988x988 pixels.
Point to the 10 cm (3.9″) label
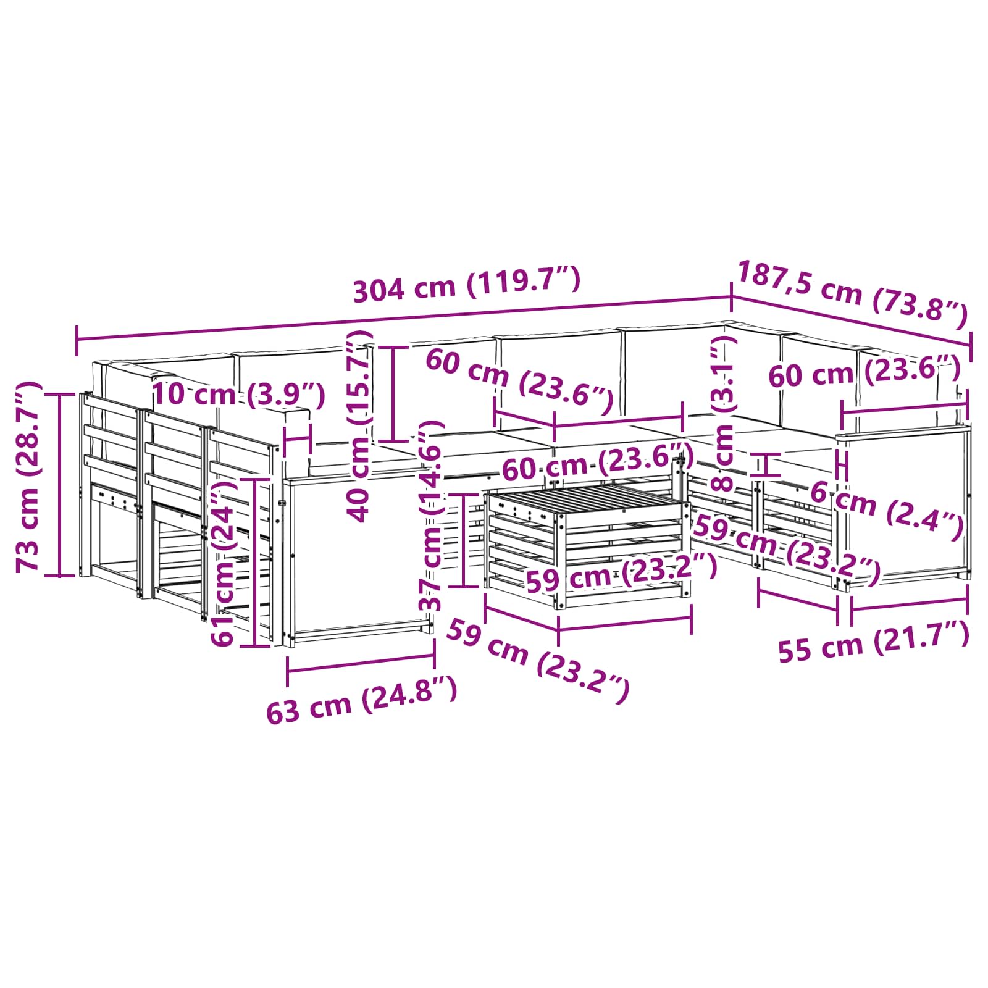coord(238,395)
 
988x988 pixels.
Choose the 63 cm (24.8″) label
coord(362,699)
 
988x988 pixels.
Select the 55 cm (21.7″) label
coord(873,642)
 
